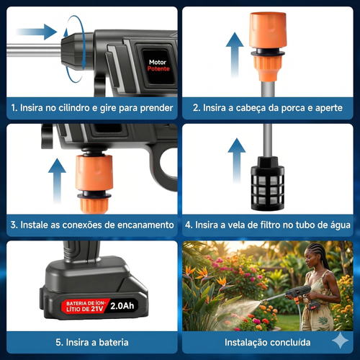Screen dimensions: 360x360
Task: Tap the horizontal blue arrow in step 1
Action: pyautogui.click(x=36, y=32)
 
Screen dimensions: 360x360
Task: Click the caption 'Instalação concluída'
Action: pyautogui.click(x=269, y=342)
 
